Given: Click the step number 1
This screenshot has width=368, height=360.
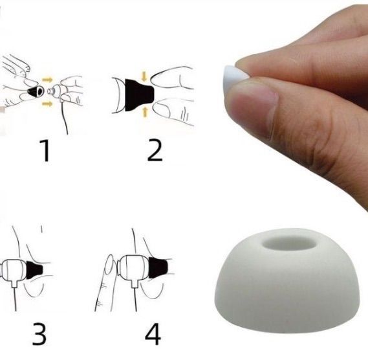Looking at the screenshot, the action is tap(45, 150).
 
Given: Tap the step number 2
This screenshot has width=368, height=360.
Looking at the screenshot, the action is tap(155, 150).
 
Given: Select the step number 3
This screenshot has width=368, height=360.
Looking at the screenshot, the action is tap(39, 334).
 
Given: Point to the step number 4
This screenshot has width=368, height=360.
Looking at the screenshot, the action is tap(153, 334).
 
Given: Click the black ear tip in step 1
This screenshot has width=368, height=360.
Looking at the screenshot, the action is tap(35, 91).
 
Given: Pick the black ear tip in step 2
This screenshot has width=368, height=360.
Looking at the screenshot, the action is tap(138, 95).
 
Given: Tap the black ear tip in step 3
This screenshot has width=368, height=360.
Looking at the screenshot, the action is tap(34, 270).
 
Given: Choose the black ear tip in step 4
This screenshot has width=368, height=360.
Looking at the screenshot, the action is tap(158, 267).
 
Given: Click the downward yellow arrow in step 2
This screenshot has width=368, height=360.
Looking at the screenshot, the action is tap(144, 76).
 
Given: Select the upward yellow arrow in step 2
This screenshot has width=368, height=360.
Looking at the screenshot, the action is tap(145, 111).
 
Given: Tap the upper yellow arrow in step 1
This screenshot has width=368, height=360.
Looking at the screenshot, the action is tap(47, 80).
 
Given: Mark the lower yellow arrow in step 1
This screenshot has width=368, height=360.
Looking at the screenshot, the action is tap(47, 104).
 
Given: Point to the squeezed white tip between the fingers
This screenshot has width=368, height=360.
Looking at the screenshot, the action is tap(235, 74).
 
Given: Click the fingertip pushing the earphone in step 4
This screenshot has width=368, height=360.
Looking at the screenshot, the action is tap(109, 264).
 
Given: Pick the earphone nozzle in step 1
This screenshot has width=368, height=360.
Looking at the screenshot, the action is tap(51, 91).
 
